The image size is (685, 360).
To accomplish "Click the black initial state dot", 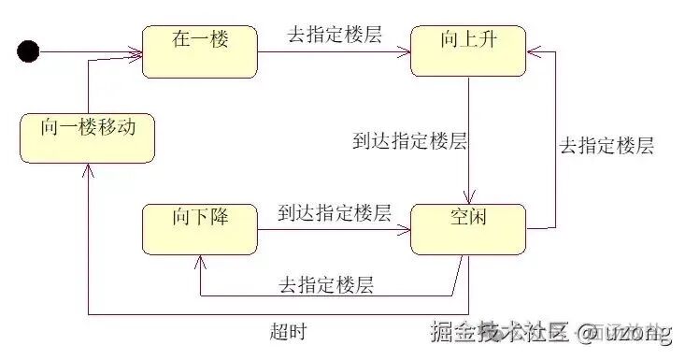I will tap(29, 51).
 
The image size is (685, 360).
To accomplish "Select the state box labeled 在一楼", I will tap(200, 51).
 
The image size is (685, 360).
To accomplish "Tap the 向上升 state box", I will tap(468, 51).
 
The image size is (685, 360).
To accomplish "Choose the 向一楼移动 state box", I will tap(88, 137).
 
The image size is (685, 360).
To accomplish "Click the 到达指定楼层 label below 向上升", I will tap(409, 142).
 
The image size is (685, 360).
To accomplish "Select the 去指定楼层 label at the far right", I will tap(606, 147).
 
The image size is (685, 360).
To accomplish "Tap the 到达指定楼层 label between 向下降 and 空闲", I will tap(334, 213).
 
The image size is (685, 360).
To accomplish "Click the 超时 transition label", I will tap(287, 332).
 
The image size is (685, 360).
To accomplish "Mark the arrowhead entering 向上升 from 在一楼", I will tap(405, 51).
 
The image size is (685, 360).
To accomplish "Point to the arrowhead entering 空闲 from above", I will tap(468, 198).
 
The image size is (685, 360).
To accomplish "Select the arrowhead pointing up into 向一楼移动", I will tap(88, 169).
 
